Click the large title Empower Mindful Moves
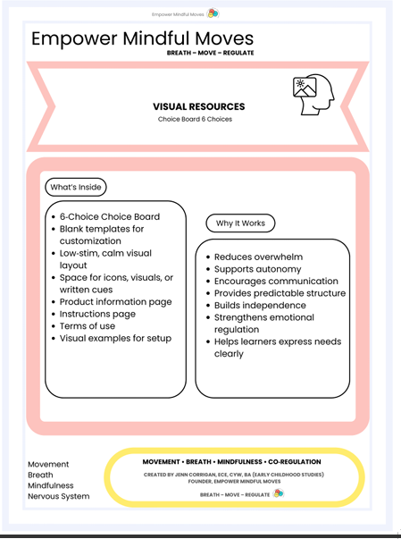[142, 38]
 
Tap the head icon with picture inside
[313, 91]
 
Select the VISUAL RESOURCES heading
[198, 106]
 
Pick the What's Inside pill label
[76, 187]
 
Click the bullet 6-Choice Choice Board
[109, 216]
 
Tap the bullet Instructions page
[97, 314]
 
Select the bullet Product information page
[115, 302]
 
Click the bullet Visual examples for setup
[115, 339]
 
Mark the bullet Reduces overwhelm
[258, 257]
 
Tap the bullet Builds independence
[265, 306]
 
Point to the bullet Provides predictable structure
[280, 293]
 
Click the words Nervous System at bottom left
[58, 496]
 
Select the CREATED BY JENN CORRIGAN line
[235, 475]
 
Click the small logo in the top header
[213, 13]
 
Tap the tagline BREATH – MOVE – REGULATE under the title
[210, 54]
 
